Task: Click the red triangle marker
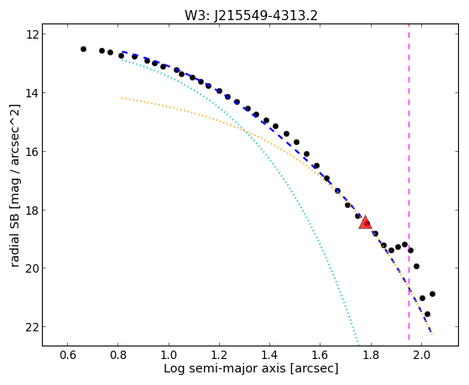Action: click(365, 222)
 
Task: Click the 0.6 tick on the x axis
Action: click(68, 356)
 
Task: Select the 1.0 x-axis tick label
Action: click(169, 356)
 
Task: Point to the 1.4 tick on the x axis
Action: click(270, 356)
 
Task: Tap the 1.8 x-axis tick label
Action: click(371, 356)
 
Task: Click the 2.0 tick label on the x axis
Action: click(421, 356)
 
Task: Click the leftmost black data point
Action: click(83, 49)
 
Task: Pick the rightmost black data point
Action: click(432, 294)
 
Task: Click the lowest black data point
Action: click(427, 314)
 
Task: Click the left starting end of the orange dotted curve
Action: click(122, 98)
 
